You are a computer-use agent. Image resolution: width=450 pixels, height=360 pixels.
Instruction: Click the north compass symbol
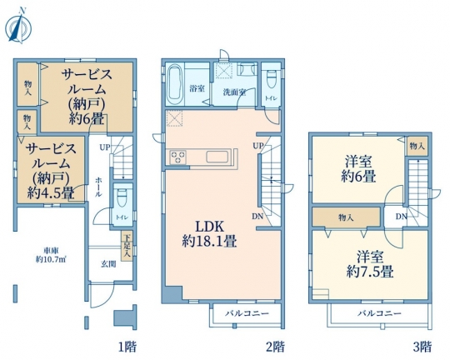click(x=18, y=27)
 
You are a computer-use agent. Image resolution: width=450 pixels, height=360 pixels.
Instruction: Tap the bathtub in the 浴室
click(x=175, y=84)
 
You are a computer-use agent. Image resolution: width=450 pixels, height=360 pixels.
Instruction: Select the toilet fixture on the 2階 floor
click(x=271, y=79)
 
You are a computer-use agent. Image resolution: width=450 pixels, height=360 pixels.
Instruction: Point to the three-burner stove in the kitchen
click(x=178, y=157)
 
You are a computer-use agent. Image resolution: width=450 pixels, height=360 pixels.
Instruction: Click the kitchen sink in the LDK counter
click(x=217, y=157)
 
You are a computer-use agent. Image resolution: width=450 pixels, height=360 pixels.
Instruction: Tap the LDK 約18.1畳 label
click(x=209, y=234)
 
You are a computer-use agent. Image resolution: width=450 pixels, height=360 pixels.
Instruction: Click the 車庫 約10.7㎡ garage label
click(x=51, y=255)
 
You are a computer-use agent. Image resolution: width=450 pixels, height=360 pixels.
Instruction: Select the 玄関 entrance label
click(x=109, y=264)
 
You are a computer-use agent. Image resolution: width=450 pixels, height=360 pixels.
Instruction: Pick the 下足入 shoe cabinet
click(x=127, y=247)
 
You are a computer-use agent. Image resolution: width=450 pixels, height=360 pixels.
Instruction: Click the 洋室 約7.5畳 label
click(x=370, y=264)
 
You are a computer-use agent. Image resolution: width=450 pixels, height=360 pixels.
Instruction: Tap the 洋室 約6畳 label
click(x=358, y=169)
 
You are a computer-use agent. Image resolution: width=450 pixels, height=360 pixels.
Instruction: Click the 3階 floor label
click(x=422, y=347)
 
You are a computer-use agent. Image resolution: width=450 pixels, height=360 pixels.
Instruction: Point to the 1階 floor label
click(x=127, y=347)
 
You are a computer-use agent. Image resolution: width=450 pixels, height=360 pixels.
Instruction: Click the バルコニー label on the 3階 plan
click(x=379, y=313)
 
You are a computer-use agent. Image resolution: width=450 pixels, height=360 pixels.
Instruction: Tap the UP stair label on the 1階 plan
click(x=105, y=147)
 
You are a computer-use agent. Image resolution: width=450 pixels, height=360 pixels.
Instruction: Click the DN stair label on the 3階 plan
click(x=402, y=217)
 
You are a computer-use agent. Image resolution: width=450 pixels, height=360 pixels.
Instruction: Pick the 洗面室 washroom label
click(x=234, y=92)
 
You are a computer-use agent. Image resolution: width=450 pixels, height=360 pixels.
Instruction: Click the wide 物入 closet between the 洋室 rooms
click(x=347, y=217)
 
